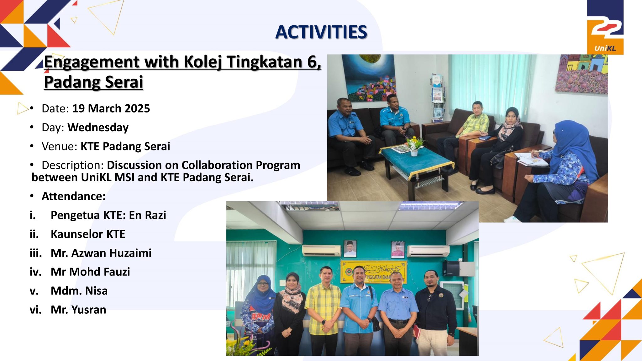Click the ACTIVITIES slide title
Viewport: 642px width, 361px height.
click(x=321, y=32)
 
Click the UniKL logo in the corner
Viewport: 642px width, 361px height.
click(x=605, y=27)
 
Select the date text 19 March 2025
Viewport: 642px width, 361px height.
click(x=111, y=108)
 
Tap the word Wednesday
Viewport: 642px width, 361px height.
click(x=98, y=128)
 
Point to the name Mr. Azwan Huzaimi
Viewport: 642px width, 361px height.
click(x=101, y=253)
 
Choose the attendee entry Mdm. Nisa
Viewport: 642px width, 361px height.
click(x=79, y=291)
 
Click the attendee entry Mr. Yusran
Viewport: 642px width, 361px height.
click(x=78, y=310)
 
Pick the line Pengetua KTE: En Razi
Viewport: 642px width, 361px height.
click(x=108, y=215)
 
